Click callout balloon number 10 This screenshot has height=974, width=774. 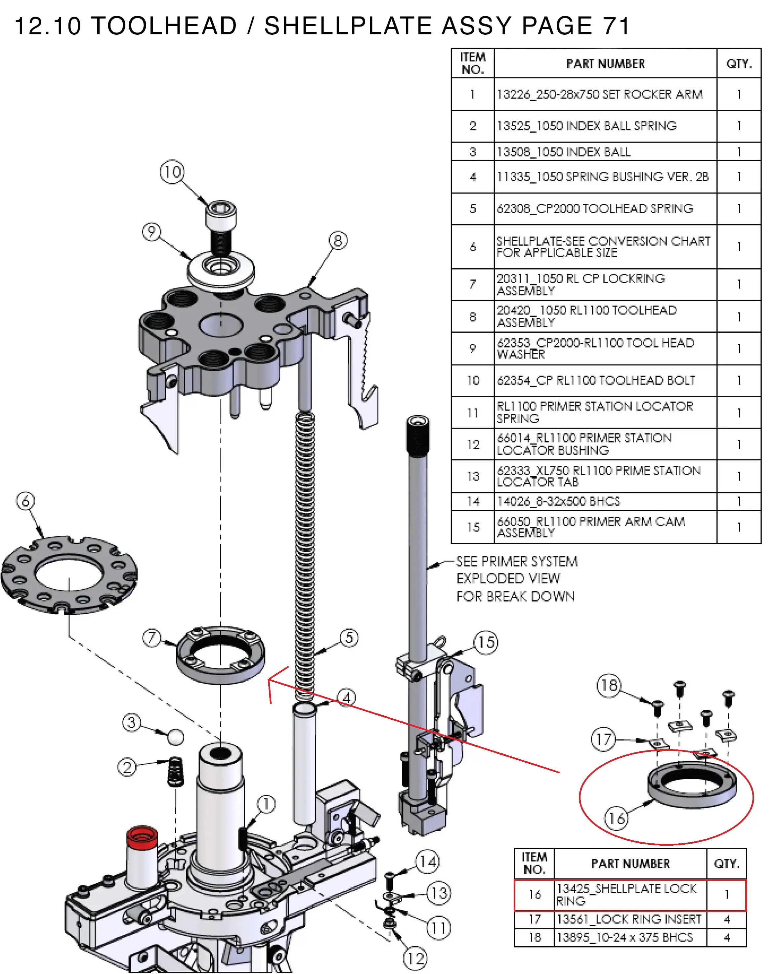(172, 172)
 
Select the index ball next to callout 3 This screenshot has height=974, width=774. (176, 737)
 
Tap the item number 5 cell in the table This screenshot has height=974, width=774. (473, 208)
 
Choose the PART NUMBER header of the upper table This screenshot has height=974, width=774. (605, 64)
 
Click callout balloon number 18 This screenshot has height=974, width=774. (609, 685)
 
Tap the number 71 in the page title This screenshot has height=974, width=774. (616, 26)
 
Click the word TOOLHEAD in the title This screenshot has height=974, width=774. (164, 26)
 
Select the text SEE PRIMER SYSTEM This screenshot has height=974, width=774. (517, 562)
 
